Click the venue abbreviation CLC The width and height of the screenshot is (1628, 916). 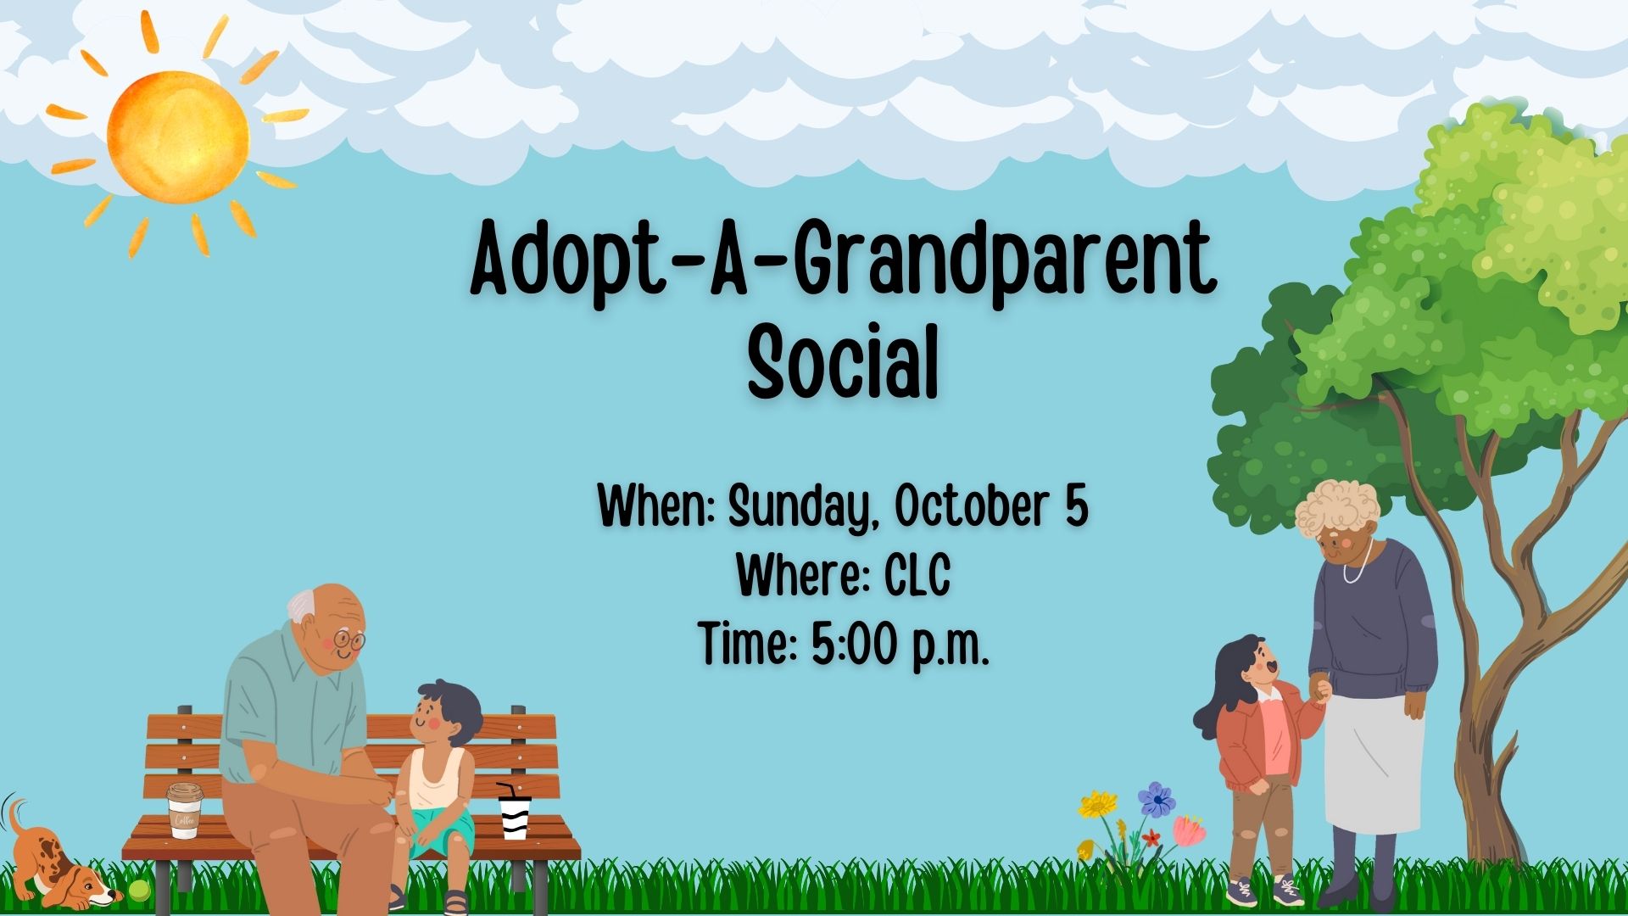point(917,575)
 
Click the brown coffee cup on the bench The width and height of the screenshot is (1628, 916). point(184,810)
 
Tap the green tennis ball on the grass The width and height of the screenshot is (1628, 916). point(138,891)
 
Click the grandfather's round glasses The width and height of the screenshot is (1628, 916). point(348,640)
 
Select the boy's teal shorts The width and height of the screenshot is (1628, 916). point(441,827)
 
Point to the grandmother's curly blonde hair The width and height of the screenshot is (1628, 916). point(1337,506)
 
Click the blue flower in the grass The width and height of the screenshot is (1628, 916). point(1156,799)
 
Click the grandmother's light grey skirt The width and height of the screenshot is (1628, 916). point(1374,763)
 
